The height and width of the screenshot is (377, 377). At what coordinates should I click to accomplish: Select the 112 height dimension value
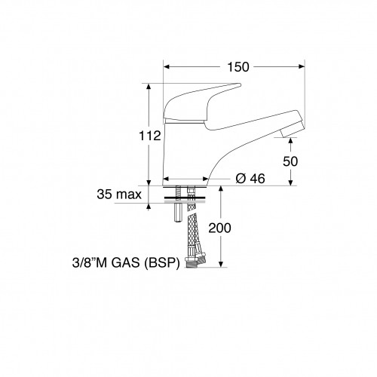point(152,136)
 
